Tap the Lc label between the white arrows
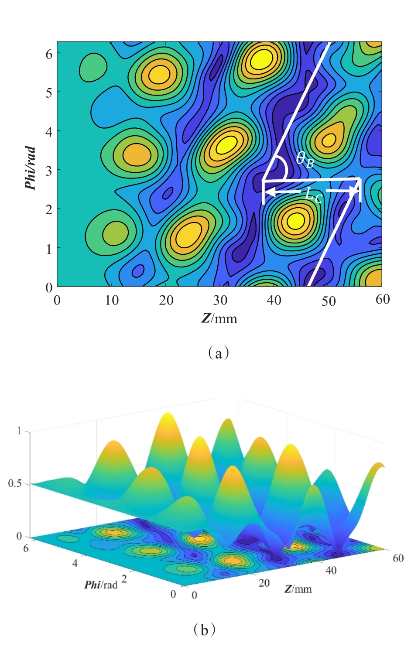(313, 195)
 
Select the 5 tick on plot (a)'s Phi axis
(49, 92)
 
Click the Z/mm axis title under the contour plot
(219, 318)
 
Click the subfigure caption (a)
(219, 352)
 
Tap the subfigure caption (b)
(204, 629)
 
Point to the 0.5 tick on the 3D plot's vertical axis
(15, 484)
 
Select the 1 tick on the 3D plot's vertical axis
(19, 431)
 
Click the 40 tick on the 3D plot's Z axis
(331, 570)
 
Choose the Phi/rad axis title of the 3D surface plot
(101, 585)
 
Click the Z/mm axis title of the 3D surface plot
(298, 589)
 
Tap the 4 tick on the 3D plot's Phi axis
(75, 563)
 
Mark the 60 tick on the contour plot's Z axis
(383, 300)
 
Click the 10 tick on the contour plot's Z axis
(112, 301)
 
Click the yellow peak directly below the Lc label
(296, 221)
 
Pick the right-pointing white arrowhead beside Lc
(354, 191)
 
